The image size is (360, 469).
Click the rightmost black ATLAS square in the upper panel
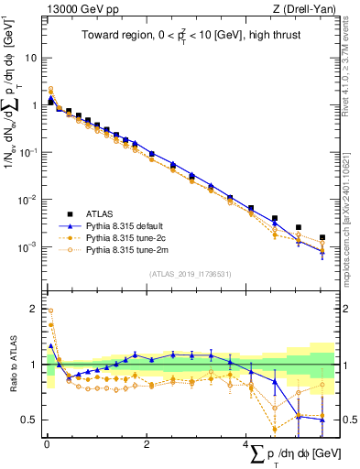tap(322, 237)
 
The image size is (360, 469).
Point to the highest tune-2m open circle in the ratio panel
tap(51, 311)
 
